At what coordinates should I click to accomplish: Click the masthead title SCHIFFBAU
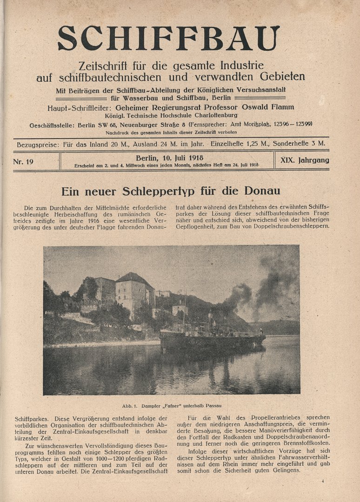tap(168, 38)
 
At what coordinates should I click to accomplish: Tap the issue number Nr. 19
tap(24, 161)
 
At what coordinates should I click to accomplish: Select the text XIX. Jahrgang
tap(305, 160)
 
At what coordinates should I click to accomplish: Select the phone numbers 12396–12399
tap(292, 124)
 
